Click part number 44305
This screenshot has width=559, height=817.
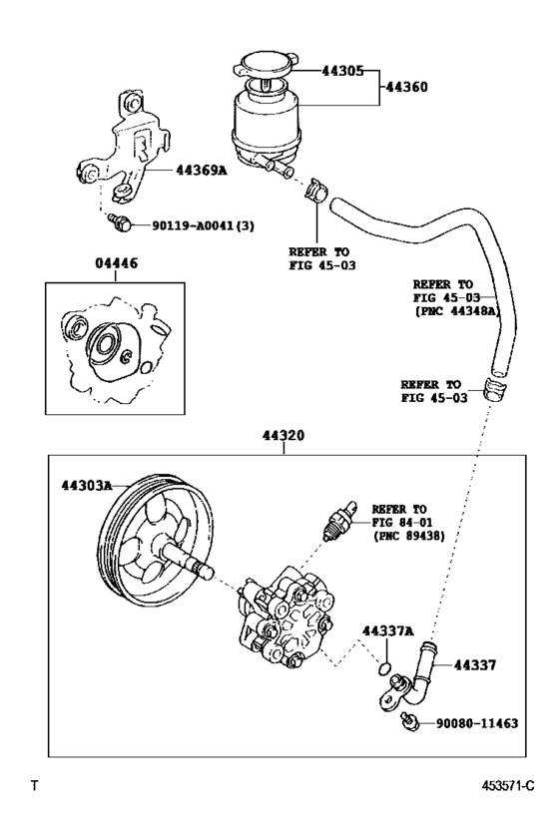[345, 72]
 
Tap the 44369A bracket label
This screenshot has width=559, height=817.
[202, 171]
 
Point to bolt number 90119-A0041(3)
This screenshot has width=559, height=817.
[204, 225]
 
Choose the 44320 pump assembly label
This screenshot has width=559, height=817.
[283, 436]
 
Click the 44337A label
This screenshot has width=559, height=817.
[386, 631]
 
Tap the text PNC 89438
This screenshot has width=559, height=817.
[409, 536]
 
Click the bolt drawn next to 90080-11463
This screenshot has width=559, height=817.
[406, 719]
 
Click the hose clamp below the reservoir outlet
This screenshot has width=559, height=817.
[315, 187]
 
